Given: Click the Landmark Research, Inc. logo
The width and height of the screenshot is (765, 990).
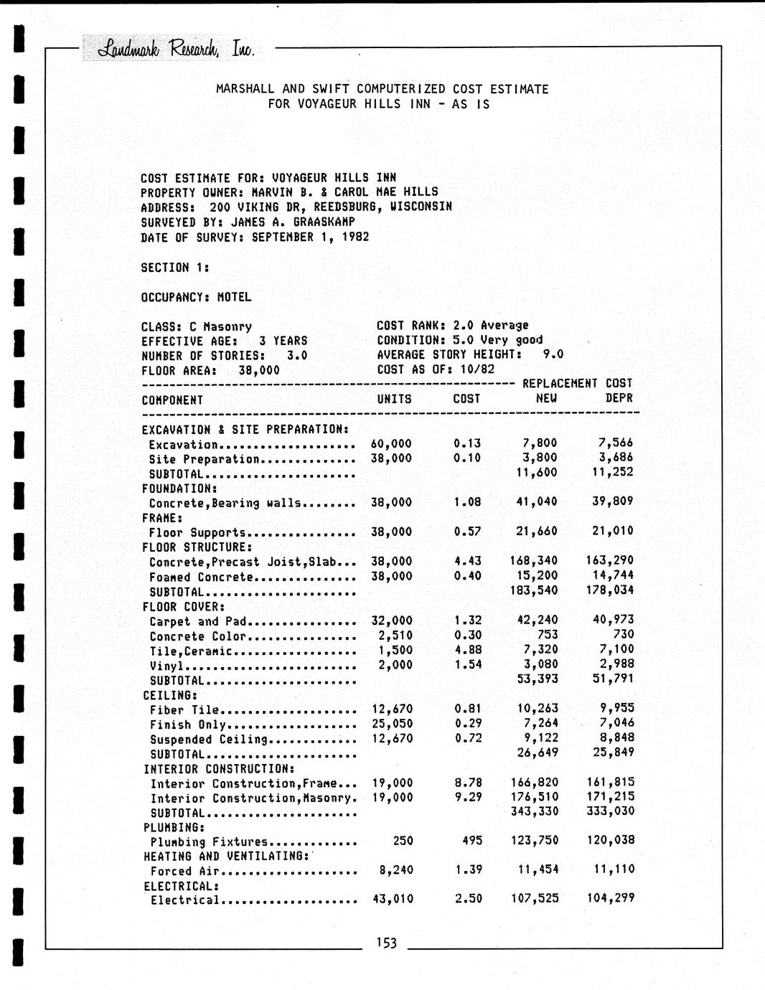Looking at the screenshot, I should coord(169,49).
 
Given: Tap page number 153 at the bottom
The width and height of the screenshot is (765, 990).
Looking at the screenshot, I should coord(386,943).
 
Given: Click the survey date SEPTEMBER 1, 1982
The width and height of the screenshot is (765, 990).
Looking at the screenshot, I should coord(310,237).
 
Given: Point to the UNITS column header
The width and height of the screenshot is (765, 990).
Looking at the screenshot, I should coord(394,399).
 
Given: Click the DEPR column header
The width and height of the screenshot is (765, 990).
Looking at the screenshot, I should coord(619,398).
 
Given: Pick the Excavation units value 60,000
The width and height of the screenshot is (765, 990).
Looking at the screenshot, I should coord(391,444).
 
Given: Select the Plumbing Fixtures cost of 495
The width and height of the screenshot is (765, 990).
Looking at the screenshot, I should coord(471,840).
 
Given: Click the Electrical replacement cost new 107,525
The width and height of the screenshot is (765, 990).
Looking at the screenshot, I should coord(534,898).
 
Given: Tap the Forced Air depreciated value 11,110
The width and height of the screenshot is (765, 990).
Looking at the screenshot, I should coord(614,869).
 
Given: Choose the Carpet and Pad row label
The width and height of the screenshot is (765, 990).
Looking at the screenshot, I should coord(197,621).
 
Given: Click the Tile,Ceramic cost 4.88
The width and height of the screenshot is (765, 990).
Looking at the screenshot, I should coord(468,649).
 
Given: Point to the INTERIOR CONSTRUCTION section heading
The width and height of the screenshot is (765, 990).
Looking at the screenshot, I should coord(218,769).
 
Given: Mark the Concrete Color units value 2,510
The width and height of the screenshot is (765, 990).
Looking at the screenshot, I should coord(395,635).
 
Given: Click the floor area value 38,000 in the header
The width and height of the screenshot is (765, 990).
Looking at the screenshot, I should coord(258,370).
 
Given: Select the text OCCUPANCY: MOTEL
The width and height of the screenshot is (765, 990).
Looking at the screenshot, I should coord(196,296).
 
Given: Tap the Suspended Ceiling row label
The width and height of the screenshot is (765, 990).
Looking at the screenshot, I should coord(208,739).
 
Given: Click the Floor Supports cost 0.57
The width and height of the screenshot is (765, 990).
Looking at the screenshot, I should coord(467,531).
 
